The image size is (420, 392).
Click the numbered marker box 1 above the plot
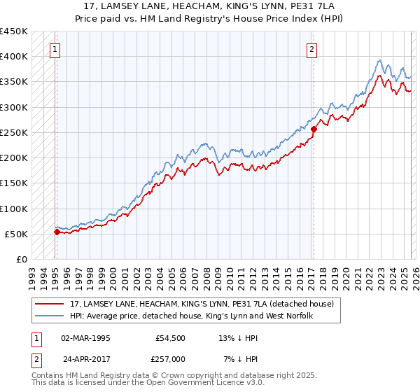(55, 49)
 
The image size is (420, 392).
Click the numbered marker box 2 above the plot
(311, 49)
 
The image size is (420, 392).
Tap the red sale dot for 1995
(57, 232)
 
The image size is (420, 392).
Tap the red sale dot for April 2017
(314, 129)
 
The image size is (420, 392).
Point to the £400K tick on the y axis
(14, 57)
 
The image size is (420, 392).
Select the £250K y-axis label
(14, 132)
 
